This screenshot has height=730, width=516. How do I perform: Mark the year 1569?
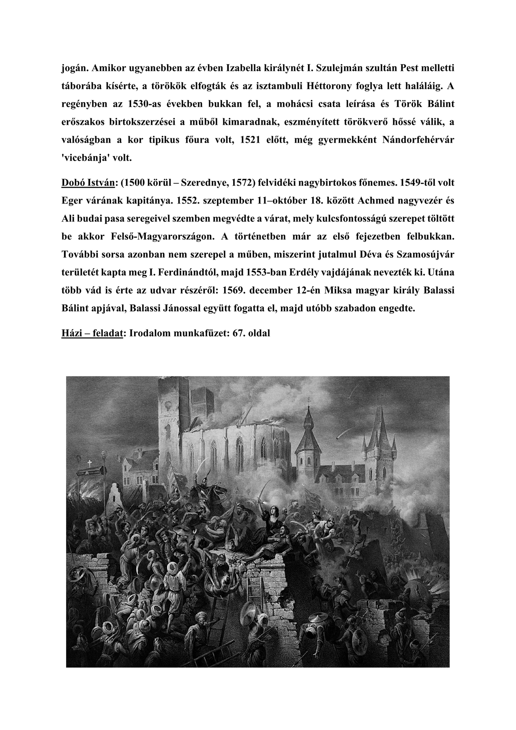[240, 291]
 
